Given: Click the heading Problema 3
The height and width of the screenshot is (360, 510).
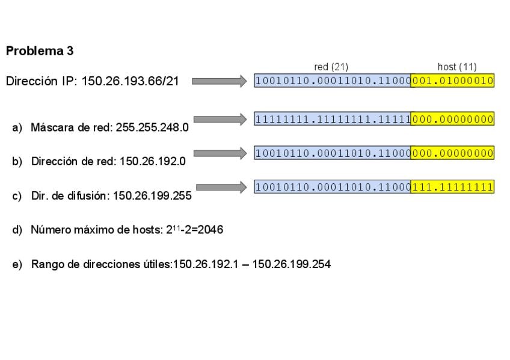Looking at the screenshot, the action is [40, 51].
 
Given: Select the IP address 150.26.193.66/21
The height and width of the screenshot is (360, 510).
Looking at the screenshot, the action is [130, 81].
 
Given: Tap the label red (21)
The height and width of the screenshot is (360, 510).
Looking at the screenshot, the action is [331, 67].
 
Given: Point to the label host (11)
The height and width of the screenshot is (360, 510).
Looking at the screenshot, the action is [457, 67].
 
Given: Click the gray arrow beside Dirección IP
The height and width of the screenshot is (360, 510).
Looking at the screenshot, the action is [220, 81].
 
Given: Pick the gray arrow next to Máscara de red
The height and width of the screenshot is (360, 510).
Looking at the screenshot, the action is [220, 120].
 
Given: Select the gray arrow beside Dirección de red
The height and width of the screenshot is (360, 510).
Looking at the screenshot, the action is [220, 153].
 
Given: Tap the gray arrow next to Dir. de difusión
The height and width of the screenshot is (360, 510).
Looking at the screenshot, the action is [221, 187].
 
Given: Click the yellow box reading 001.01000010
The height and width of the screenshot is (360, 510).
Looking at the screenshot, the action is [452, 81].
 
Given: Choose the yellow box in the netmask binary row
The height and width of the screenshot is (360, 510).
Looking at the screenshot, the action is [452, 119].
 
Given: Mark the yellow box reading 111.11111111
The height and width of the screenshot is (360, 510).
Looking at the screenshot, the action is [452, 186].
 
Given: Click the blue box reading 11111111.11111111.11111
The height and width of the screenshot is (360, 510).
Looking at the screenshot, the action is [333, 119].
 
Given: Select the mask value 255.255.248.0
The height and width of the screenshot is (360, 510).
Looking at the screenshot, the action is [152, 127].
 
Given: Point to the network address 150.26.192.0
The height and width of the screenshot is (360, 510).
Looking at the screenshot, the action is [153, 161].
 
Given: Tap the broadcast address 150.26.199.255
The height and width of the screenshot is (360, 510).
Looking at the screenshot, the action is [152, 195].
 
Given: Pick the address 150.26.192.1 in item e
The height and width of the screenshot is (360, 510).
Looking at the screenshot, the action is [206, 264].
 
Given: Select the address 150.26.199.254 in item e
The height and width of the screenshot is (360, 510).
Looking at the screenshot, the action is [292, 264].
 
